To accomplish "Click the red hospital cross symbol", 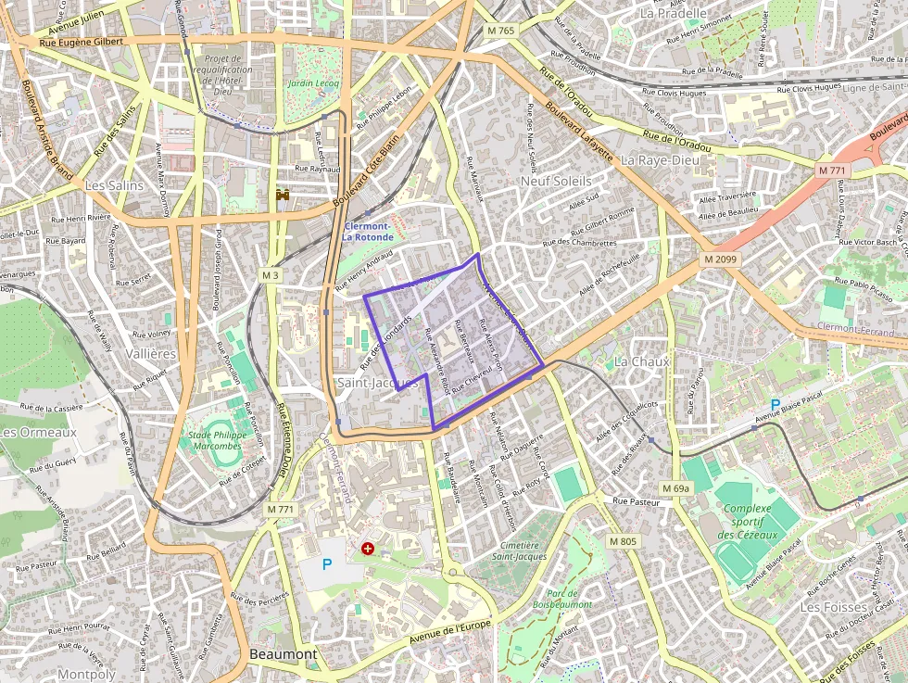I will point(368,549).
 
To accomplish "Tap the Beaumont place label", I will point(284,654).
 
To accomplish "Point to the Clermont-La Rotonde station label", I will point(368,232).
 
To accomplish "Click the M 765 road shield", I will point(500,31).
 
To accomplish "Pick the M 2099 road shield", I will point(719,259).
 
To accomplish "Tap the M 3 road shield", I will point(270,275).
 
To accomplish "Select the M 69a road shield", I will point(676,488).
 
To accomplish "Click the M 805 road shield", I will point(624,541).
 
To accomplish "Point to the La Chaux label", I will point(642,360).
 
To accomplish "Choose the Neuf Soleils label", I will point(556,181).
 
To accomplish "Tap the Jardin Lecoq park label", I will point(313,83).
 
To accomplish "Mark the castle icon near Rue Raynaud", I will point(283,196).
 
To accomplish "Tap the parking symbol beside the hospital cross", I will point(326,563).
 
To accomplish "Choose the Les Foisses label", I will point(822,607).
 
